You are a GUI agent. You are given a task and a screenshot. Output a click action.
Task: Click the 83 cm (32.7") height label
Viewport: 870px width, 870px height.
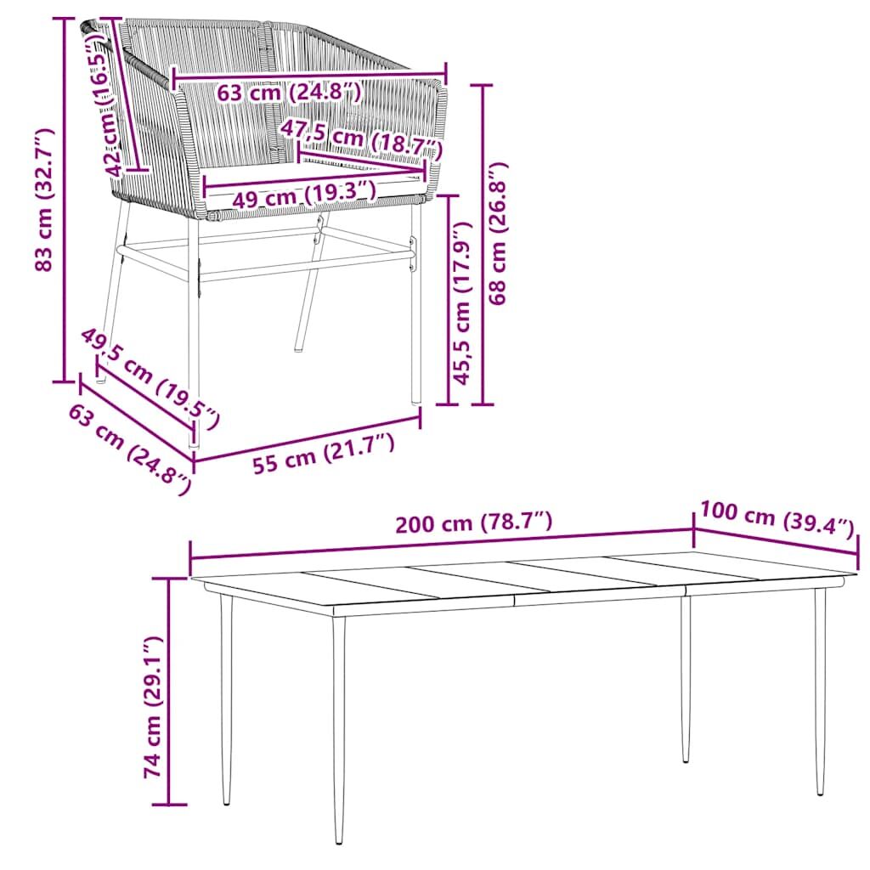[43, 200]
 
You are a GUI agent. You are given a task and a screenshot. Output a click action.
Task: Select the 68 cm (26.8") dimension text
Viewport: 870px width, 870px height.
[498, 233]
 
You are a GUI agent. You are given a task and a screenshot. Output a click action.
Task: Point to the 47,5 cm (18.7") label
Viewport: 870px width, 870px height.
[361, 138]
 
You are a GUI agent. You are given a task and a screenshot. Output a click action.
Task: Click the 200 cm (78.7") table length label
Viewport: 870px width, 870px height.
[474, 523]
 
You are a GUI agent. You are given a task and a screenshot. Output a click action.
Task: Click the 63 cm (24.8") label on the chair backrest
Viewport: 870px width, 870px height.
[289, 91]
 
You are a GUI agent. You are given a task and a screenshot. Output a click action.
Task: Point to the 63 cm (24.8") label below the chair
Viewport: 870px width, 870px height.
[130, 449]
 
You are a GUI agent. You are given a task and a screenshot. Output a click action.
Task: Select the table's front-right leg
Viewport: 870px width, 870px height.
[820, 692]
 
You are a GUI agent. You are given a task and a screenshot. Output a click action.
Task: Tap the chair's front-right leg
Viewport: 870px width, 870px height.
[415, 304]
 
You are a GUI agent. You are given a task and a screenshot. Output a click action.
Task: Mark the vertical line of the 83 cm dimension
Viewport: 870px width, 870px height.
[65, 200]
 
